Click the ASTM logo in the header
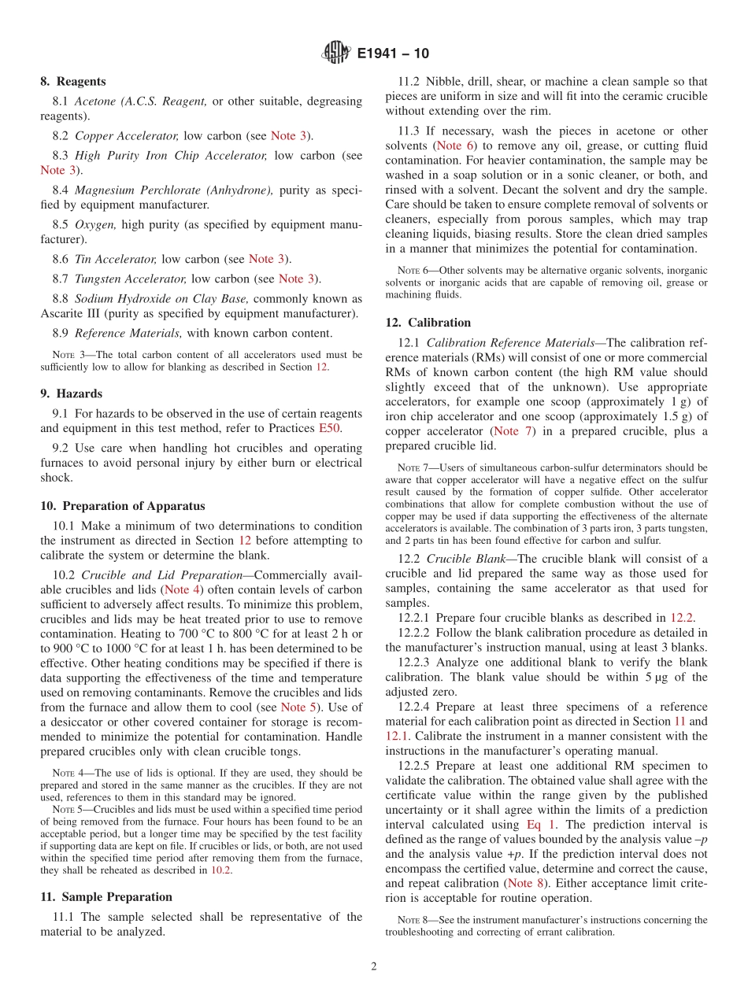click(335, 54)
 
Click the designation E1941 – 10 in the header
click(393, 54)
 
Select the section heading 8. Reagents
click(73, 81)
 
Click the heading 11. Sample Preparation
click(106, 896)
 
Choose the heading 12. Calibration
click(428, 323)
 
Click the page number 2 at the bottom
click(374, 966)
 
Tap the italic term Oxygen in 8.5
click(95, 225)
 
